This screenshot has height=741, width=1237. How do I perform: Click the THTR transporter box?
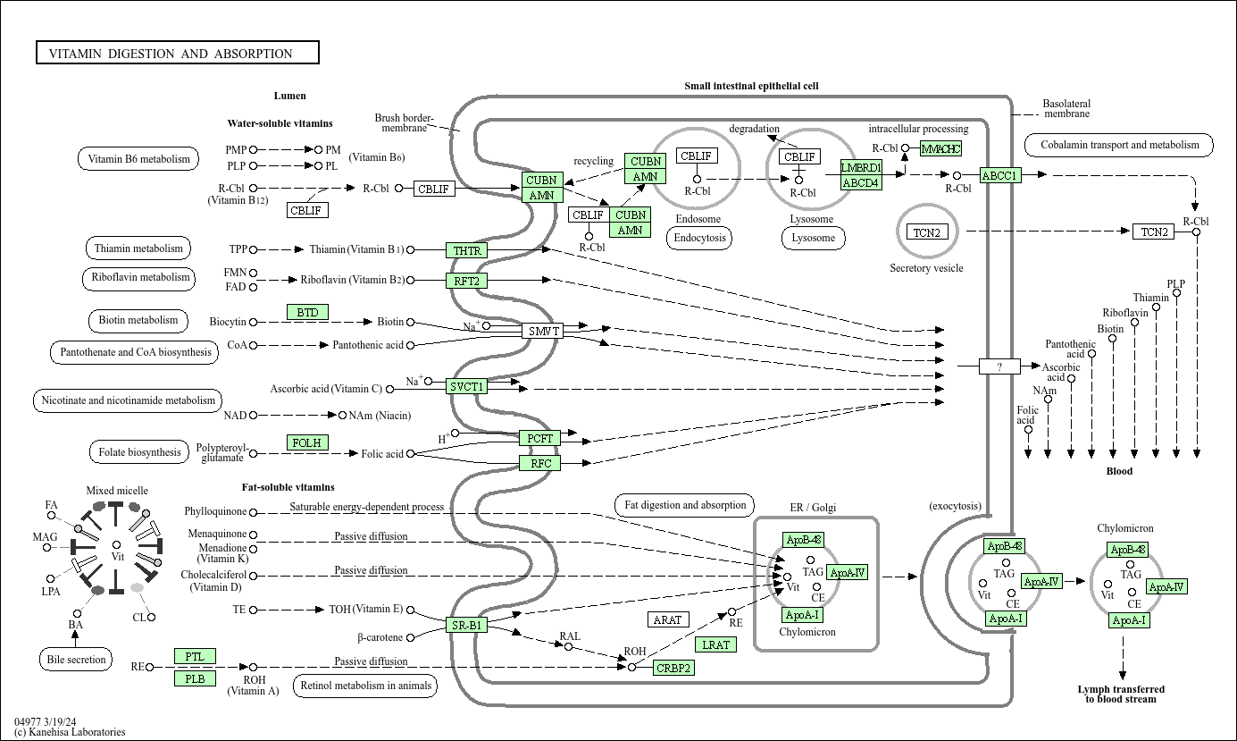point(466,250)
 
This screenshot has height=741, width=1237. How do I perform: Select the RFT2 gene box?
point(466,281)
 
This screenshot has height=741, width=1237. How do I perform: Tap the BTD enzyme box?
point(307,312)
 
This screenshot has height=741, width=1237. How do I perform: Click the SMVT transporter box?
point(542,331)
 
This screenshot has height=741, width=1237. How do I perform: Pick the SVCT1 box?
point(466,386)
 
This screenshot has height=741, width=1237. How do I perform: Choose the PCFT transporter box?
point(540,438)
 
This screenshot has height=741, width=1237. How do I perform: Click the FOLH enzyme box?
point(307,442)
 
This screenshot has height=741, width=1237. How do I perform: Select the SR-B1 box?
point(466,625)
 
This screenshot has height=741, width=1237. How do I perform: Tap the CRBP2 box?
point(673,668)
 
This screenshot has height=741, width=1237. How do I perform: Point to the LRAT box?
point(715,644)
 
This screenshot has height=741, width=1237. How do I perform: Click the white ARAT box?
point(668,619)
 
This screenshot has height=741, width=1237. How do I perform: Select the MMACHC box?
point(941,148)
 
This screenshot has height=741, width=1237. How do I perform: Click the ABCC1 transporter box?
point(1000,175)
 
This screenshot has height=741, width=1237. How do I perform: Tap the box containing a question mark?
point(999,366)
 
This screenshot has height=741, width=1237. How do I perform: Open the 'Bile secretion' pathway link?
point(76,660)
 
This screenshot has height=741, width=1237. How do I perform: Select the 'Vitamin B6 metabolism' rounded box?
point(138,159)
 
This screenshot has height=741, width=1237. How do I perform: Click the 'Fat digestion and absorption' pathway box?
point(685,505)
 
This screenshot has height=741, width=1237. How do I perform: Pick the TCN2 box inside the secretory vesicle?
point(927,232)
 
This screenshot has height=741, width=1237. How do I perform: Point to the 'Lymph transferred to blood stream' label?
point(1121,694)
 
